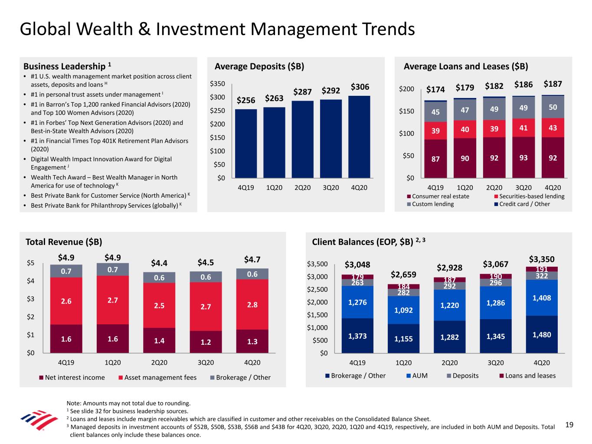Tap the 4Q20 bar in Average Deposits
[359, 137]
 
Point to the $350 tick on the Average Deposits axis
[218, 84]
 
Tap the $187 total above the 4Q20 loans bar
[553, 84]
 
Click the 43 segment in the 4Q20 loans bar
[553, 128]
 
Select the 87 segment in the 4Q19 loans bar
[435, 159]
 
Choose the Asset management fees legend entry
[157, 378]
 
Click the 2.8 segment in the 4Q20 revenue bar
[252, 304]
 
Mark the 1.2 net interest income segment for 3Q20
[206, 342]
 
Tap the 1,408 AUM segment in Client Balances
[541, 298]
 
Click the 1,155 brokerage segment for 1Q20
[403, 339]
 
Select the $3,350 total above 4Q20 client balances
[541, 259]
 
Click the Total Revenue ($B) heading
[64, 242]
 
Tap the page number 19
[569, 425]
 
